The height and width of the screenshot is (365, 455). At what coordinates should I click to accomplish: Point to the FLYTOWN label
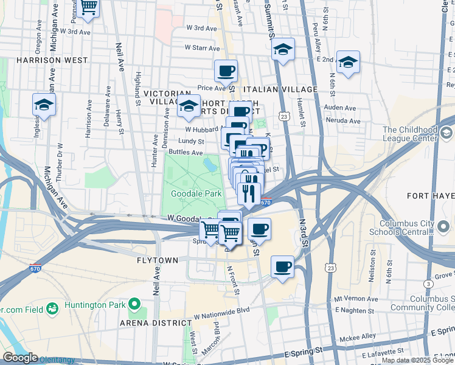tap(158, 260)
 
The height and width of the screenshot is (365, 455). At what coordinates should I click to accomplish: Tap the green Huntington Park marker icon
tap(135, 304)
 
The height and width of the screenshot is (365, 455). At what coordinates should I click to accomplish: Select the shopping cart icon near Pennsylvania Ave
tap(89, 7)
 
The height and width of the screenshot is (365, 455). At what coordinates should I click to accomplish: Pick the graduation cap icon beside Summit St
tap(283, 50)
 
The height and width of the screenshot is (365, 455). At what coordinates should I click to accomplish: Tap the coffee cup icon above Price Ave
tap(226, 71)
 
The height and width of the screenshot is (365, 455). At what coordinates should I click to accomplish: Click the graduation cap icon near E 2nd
tap(348, 63)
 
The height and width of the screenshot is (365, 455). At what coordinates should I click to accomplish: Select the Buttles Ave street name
tap(186, 153)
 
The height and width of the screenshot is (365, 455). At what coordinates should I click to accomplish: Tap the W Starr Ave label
tap(203, 47)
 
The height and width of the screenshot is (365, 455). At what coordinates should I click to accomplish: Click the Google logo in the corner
tap(20, 358)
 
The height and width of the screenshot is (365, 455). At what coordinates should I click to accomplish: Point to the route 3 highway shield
tap(429, 284)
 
